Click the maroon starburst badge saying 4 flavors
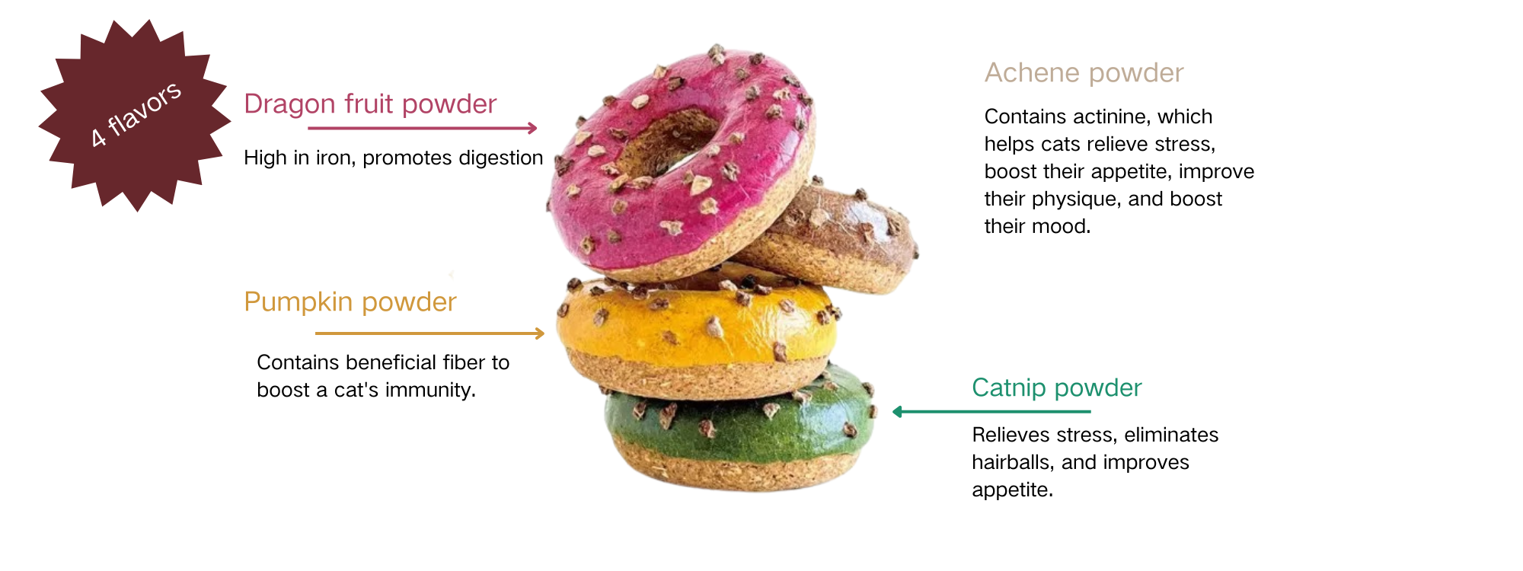135,116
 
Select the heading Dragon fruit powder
370,104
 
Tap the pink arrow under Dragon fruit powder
423,128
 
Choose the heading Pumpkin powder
350,302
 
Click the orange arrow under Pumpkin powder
429,333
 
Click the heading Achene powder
1084,73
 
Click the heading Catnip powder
1056,388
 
